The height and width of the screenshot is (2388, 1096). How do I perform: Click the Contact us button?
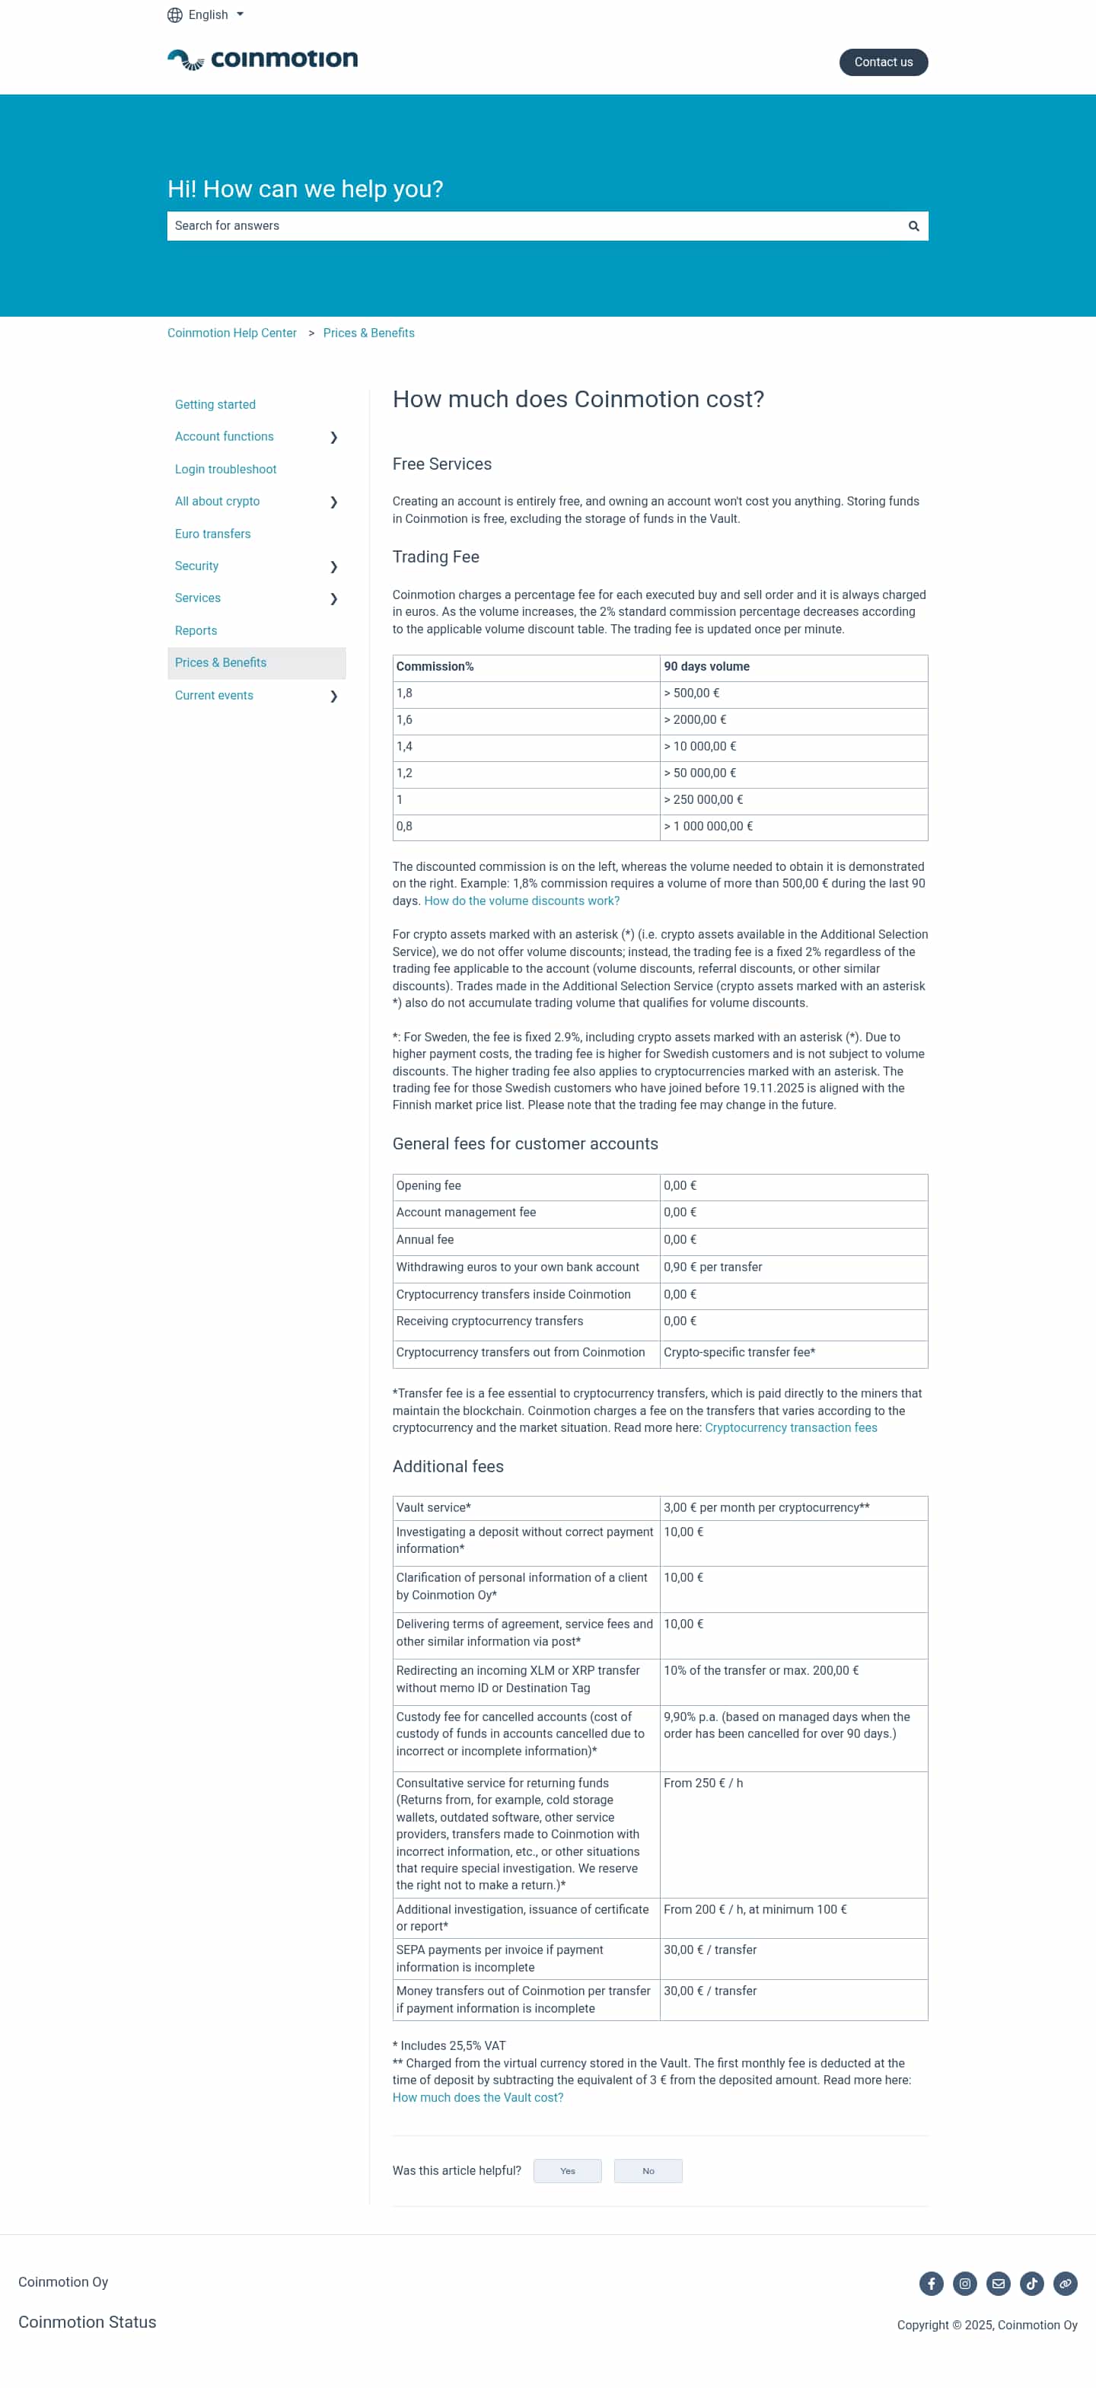883,62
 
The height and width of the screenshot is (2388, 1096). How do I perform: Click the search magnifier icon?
913,226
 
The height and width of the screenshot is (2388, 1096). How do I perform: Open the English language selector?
205,14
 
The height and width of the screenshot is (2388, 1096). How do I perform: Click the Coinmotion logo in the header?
263,60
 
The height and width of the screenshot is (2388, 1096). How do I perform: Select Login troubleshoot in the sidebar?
225,469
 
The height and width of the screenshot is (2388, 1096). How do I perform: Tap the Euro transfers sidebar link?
212,534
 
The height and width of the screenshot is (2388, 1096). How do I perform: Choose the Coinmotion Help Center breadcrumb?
232,333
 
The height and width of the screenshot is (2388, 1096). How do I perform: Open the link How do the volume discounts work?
521,901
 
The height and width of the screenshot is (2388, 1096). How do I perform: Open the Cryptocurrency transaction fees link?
790,1427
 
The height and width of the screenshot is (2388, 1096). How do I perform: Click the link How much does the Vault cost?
477,2098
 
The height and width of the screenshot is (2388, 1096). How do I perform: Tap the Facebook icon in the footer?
931,2283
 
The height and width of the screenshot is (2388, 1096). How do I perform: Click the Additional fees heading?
448,1467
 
